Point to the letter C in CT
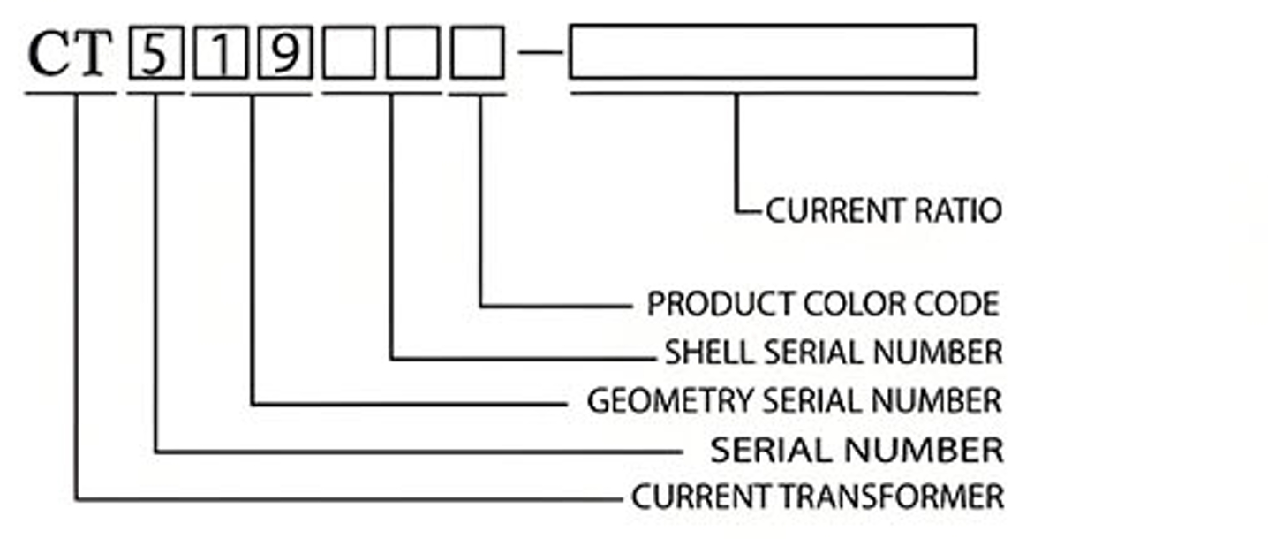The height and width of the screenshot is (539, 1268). tap(49, 55)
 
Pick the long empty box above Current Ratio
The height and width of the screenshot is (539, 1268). tap(773, 52)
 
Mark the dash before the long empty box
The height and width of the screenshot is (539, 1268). tap(540, 52)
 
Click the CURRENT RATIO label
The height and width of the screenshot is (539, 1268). tap(883, 211)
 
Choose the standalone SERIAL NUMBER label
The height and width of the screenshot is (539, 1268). tap(857, 451)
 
